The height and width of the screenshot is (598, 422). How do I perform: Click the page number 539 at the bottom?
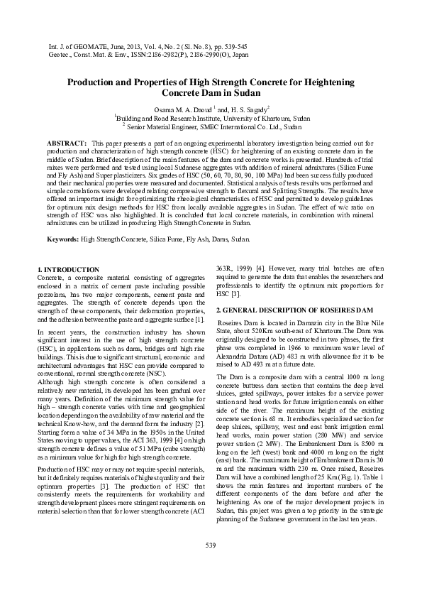210,565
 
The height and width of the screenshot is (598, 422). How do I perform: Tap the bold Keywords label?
62,240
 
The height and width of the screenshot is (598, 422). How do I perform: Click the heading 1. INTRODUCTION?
68,270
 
